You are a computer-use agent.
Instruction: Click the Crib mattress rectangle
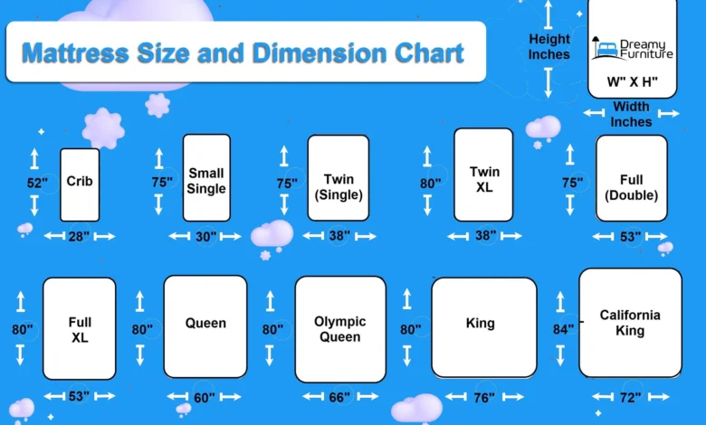coord(80,184)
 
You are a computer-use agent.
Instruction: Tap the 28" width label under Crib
coord(79,236)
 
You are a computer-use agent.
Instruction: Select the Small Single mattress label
coord(206,181)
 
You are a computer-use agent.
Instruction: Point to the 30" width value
coord(205,236)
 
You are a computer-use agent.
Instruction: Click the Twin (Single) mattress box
coord(339,178)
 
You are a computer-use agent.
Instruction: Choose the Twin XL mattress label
coord(484,179)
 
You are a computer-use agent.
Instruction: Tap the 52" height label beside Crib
coord(37,183)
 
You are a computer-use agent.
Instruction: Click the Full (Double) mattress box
coord(631,178)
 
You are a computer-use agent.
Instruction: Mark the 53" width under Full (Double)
coord(630,236)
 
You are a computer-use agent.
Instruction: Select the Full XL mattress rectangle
coord(80,328)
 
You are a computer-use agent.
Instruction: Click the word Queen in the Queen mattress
coord(205,323)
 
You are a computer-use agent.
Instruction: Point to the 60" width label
coord(205,398)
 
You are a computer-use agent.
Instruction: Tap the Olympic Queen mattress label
coord(340,329)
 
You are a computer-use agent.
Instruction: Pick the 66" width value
coord(339,397)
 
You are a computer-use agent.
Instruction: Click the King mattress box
coord(484,327)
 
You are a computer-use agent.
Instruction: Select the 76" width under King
coord(484,398)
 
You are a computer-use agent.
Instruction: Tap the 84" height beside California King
coord(564,329)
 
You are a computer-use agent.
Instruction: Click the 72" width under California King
coord(630,398)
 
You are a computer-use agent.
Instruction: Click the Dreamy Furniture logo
coord(632,49)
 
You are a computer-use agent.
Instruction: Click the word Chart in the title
coord(429,53)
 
